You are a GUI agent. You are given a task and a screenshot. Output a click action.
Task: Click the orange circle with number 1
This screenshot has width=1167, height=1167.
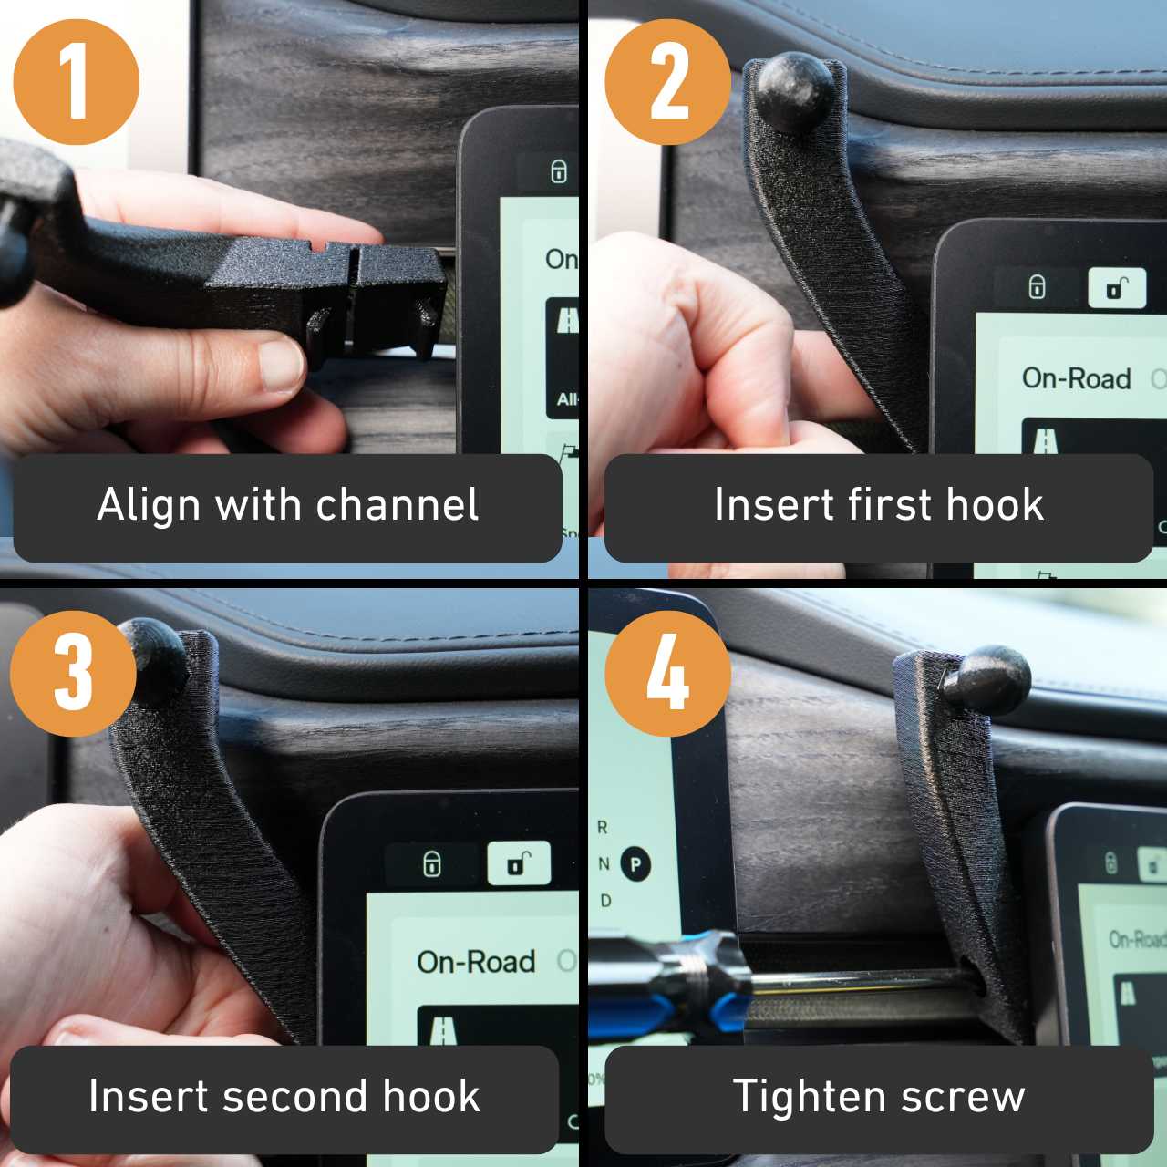(76, 82)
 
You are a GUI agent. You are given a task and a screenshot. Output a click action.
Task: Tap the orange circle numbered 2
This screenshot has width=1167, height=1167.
(667, 82)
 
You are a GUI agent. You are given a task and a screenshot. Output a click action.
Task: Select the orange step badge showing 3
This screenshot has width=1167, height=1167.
(73, 674)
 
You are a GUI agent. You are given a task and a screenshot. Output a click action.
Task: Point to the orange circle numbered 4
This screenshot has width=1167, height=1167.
(667, 674)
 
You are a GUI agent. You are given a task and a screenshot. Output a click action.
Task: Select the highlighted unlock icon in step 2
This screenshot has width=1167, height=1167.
(1117, 289)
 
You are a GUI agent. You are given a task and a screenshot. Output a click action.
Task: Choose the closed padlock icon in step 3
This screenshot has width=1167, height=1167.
(432, 863)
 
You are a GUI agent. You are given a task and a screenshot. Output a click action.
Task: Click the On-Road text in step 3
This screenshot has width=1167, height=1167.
(476, 962)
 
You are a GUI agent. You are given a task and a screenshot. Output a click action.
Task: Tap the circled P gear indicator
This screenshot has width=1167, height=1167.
(635, 863)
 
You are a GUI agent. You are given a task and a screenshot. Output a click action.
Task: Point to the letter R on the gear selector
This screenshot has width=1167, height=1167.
(602, 827)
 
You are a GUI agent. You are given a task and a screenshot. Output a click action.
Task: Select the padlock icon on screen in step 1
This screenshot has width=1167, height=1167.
(559, 171)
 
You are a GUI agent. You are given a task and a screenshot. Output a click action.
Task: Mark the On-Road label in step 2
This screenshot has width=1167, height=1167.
(1076, 377)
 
